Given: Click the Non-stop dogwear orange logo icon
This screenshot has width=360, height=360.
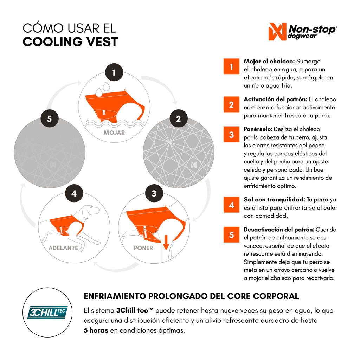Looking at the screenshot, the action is pyautogui.click(x=277, y=31).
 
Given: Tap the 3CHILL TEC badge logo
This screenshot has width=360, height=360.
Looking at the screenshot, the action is pyautogui.click(x=47, y=312).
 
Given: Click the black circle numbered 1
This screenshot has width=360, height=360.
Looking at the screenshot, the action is pyautogui.click(x=114, y=72).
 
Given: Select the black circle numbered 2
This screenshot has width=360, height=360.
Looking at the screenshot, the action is pyautogui.click(x=179, y=118).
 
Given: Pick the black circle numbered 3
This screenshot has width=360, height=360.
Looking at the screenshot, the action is pyautogui.click(x=154, y=193).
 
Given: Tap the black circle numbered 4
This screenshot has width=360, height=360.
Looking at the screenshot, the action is pyautogui.click(x=74, y=193).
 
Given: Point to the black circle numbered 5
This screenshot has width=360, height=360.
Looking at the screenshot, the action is pyautogui.click(x=50, y=118).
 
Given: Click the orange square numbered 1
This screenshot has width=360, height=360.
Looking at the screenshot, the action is pyautogui.click(x=231, y=66).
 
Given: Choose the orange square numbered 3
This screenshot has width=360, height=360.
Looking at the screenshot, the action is pyautogui.click(x=231, y=134).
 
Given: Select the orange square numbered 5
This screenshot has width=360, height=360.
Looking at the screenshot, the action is pyautogui.click(x=231, y=234).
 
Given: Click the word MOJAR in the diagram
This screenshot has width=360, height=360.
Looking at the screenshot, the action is pyautogui.click(x=114, y=133).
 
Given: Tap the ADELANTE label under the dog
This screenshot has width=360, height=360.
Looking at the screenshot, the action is pyautogui.click(x=63, y=248).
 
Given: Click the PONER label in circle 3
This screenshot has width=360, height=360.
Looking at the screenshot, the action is pyautogui.click(x=143, y=248).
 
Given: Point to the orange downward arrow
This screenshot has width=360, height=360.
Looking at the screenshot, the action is pyautogui.click(x=166, y=242).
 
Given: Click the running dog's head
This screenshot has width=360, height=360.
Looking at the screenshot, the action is pyautogui.click(x=91, y=211).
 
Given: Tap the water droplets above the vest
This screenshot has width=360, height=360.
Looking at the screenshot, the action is pyautogui.click(x=102, y=89).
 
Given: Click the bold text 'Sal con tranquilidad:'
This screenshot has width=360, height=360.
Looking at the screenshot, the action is pyautogui.click(x=274, y=199).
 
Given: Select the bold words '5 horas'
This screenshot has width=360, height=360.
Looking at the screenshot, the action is pyautogui.click(x=96, y=330).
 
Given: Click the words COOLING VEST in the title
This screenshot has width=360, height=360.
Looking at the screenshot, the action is pyautogui.click(x=70, y=42).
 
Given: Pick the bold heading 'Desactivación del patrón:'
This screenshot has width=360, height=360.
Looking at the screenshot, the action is pyautogui.click(x=279, y=230).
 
